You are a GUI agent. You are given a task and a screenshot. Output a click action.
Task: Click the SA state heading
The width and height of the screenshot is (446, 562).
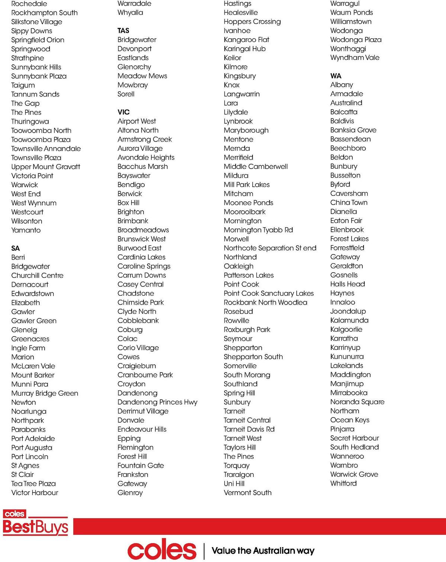(16, 248)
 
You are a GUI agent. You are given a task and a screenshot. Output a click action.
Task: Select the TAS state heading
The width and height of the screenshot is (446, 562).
(123, 30)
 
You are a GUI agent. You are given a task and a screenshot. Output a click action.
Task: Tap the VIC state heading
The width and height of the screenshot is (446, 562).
(123, 112)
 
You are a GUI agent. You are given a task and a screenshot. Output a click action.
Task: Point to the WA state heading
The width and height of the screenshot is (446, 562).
(336, 76)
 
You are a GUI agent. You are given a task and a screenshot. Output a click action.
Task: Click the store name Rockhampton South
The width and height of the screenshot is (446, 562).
(44, 13)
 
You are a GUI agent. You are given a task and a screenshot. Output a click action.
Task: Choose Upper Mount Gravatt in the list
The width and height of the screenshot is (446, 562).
(46, 167)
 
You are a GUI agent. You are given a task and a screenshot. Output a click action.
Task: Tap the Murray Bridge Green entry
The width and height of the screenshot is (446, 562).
(45, 393)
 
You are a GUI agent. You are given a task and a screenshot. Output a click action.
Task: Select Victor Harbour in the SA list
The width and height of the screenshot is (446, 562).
(35, 493)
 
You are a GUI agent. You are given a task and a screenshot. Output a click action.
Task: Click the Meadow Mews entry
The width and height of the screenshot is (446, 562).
(142, 76)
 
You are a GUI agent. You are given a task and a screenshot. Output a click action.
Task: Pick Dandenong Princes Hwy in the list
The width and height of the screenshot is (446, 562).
(157, 402)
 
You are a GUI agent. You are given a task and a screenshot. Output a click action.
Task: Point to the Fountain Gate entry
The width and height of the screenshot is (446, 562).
(140, 465)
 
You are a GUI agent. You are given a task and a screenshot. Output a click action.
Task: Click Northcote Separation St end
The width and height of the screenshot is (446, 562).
(270, 248)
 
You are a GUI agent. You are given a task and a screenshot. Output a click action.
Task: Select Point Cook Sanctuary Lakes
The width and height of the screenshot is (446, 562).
(269, 293)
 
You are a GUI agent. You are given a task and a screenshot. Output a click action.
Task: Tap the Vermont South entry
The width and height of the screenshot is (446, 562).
(248, 493)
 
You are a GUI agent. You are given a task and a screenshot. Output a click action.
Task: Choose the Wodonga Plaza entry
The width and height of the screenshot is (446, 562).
(356, 39)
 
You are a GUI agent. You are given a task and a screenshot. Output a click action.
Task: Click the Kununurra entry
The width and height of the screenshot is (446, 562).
(347, 356)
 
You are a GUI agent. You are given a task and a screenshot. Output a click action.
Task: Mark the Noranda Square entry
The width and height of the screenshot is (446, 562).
(357, 402)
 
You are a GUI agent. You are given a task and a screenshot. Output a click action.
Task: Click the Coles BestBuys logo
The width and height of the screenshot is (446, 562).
(35, 523)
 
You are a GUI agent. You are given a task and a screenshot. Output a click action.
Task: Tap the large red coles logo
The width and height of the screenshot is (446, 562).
(162, 550)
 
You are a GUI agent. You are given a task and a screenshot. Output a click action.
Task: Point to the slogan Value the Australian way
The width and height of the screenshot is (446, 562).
(263, 550)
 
